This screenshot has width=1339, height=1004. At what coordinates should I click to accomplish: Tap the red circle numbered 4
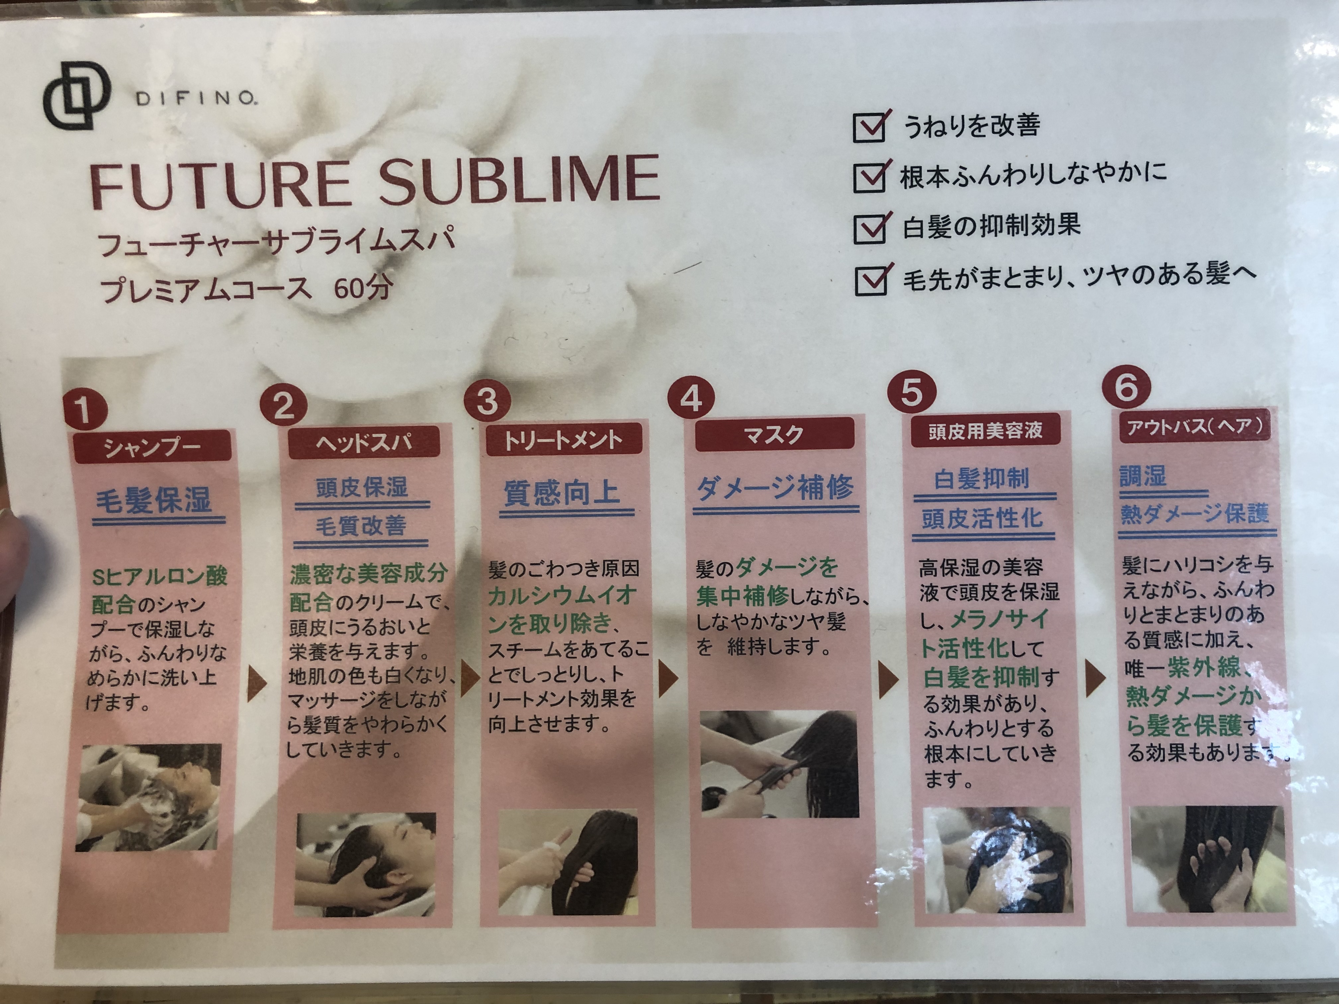(691, 398)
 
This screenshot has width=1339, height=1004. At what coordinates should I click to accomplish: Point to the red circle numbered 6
(1126, 387)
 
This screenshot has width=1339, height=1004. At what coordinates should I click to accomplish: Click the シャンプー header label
(152, 447)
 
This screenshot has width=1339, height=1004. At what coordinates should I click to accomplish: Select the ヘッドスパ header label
(364, 442)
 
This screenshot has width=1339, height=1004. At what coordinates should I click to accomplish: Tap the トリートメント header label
(563, 439)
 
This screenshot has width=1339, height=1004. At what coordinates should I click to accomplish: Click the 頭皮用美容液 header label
(985, 430)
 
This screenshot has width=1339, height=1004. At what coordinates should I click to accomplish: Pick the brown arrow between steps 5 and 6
(1095, 679)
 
